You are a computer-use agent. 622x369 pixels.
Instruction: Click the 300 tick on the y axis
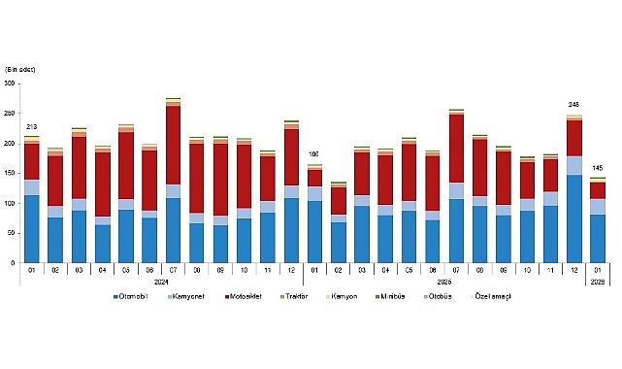point(11,84)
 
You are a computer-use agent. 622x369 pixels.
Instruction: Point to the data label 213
point(32,127)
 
